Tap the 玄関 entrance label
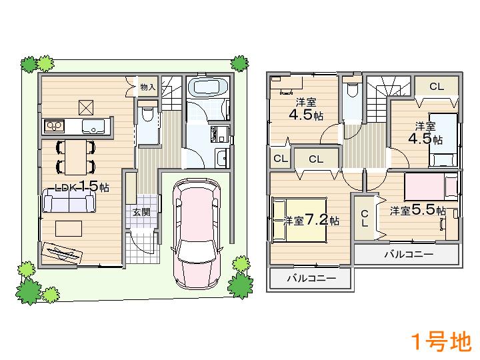141,213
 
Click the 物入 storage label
147,87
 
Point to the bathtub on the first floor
208,87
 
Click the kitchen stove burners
53,125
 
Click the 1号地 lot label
441,342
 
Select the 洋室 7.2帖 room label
311,220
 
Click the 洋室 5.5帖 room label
417,210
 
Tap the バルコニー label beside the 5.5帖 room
409,254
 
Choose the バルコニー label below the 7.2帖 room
311,279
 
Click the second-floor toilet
352,91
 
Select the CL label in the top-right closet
436,87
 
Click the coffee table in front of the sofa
69,228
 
